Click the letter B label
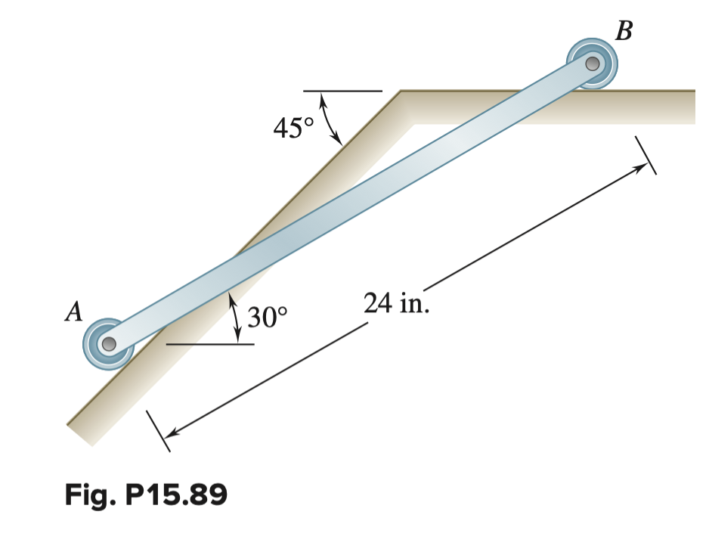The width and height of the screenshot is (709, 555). tap(624, 31)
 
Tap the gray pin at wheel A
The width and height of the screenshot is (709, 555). tap(109, 345)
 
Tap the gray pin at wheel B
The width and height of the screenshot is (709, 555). tap(593, 64)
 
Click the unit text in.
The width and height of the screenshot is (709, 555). tap(416, 304)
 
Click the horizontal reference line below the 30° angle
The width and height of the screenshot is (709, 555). tap(209, 344)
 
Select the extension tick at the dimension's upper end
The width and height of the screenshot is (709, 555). tap(645, 155)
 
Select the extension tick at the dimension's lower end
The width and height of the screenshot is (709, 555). tap(159, 430)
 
